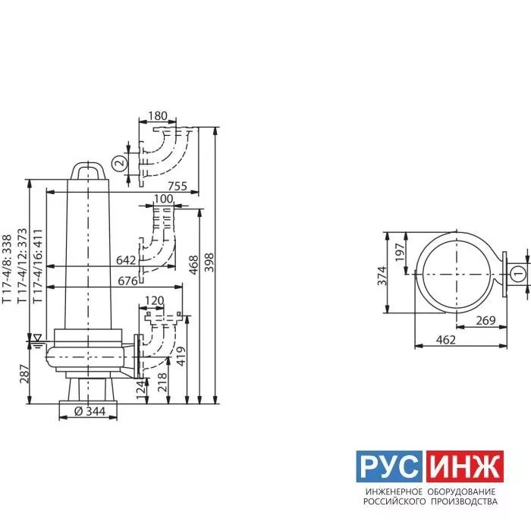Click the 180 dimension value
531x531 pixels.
coord(158,116)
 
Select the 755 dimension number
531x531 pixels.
coord(178,186)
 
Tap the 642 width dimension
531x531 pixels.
coord(126,260)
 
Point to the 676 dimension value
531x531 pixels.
coord(127,281)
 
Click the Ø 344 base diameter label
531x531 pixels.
coord(90,411)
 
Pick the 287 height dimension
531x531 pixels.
coord(25,374)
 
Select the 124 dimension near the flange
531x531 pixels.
coord(143,391)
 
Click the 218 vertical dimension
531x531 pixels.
coord(162,382)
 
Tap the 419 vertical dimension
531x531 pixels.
coord(181,357)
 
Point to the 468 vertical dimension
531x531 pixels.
coord(193,265)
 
